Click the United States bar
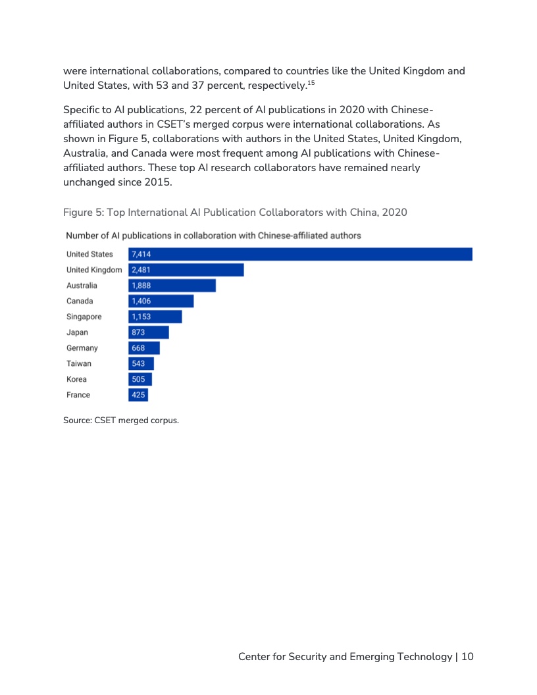(300, 254)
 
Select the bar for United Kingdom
(186, 270)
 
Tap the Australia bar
(172, 286)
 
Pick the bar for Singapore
(155, 317)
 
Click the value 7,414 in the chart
(141, 254)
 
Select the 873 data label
(138, 332)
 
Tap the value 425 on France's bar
(138, 395)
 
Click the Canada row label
(80, 301)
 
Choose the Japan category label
(77, 332)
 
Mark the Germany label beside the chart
(82, 348)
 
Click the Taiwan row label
(79, 364)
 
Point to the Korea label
(76, 380)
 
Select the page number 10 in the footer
(467, 656)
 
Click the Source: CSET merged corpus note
(121, 421)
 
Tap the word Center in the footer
(254, 656)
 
